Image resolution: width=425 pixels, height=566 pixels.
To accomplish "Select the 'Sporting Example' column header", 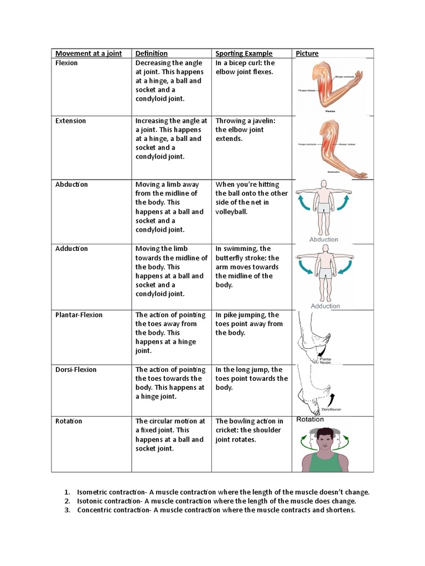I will pos(243,54).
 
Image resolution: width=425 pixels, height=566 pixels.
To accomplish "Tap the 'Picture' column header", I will pos(307,54).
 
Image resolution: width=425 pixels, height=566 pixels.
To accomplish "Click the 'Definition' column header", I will pos(151,54).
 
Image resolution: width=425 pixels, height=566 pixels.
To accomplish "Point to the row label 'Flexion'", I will pos(66,63).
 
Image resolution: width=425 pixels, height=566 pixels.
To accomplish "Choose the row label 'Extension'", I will pos(70,120).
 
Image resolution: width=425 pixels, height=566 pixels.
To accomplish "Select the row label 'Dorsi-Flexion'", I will pos(76,370).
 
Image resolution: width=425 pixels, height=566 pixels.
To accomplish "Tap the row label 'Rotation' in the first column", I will pos(69,421).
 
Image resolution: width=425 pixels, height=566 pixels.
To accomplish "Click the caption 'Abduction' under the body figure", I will pos(324,239).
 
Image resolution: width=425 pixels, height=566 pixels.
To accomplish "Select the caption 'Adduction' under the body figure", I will pos(325,306).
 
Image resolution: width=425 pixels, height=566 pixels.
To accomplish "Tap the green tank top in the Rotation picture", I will pos(325,462).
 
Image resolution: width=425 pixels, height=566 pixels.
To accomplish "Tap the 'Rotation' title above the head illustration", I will pos(310,420).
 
